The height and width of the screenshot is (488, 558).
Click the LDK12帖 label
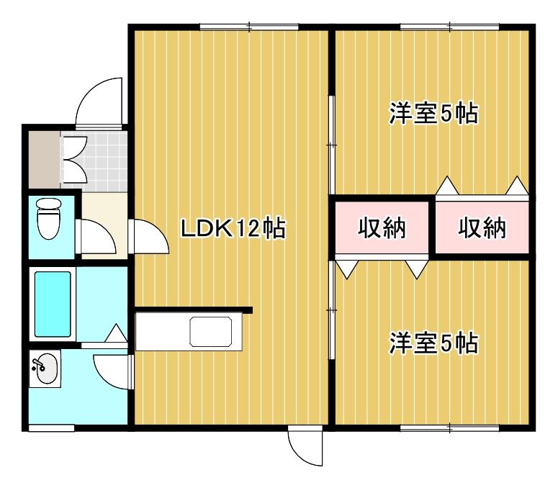pyautogui.click(x=233, y=229)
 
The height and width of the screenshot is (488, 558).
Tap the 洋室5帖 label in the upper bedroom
pyautogui.click(x=434, y=114)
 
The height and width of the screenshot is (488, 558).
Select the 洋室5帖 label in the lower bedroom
pyautogui.click(x=434, y=343)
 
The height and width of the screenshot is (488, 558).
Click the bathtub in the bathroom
pyautogui.click(x=53, y=304)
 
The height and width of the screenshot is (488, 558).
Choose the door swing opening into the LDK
pyautogui.click(x=149, y=236)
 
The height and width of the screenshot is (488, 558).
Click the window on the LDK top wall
pyautogui.click(x=249, y=27)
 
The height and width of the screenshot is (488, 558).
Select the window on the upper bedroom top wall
pyautogui.click(x=449, y=27)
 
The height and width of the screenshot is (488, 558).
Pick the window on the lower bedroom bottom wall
pyautogui.click(x=449, y=429)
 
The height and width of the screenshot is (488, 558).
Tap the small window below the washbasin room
pyautogui.click(x=51, y=429)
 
